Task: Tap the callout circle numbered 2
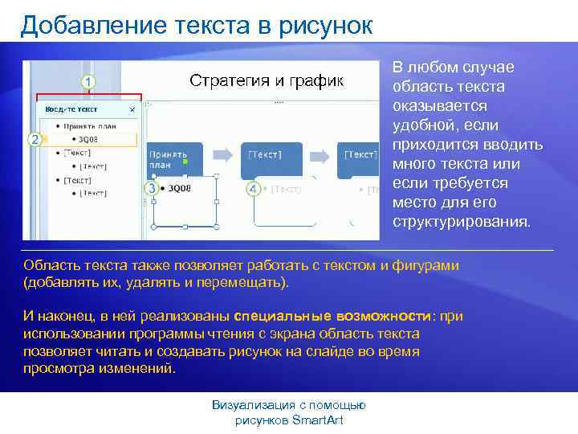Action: [x=35, y=139]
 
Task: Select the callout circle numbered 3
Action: [x=150, y=187]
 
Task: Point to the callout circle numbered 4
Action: [x=253, y=189]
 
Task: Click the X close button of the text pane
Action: [x=132, y=108]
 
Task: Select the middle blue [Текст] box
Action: [x=273, y=156]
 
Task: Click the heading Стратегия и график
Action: [x=266, y=80]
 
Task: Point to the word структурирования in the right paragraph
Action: [x=461, y=222]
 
